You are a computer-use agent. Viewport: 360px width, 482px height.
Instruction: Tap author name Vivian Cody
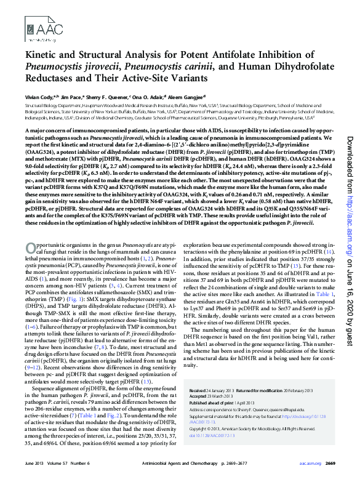39,97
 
